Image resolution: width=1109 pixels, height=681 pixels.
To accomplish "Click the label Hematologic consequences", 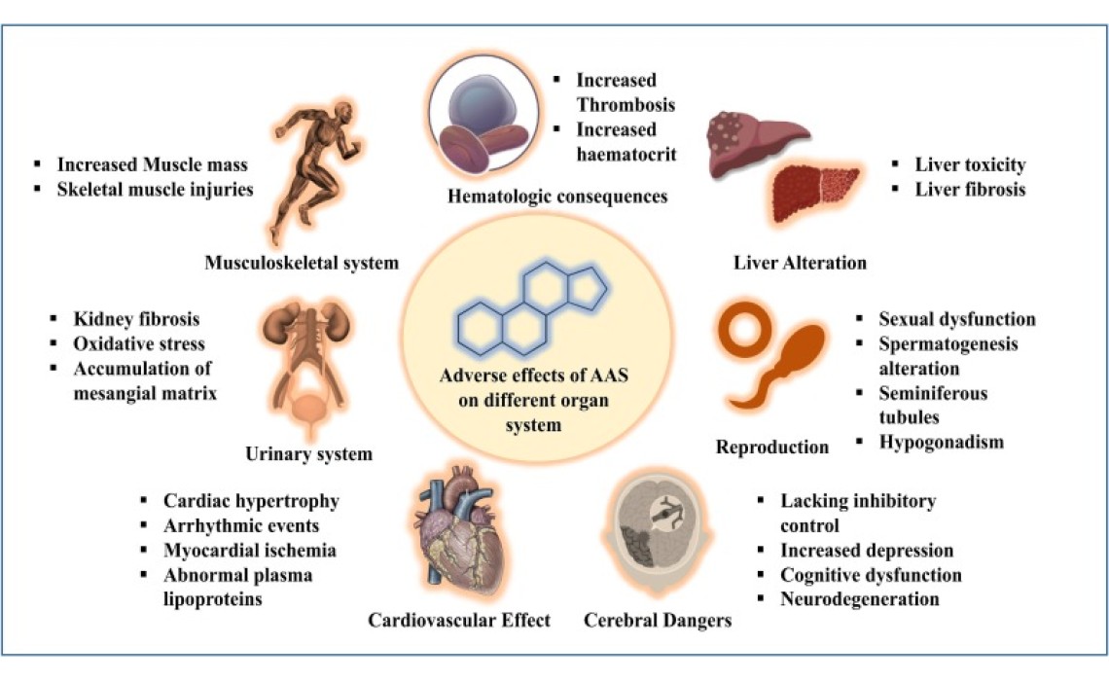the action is coord(557,196).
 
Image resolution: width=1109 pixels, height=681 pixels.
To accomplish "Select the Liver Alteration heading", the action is coord(800,263).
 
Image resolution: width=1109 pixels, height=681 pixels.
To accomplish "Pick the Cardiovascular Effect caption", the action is coord(459,620).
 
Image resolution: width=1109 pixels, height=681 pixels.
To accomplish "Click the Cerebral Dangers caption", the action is coord(658,620).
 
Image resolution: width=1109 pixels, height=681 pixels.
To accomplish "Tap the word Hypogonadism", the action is coord(942,442).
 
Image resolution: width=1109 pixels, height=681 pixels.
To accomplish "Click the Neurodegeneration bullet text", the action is coord(860,599).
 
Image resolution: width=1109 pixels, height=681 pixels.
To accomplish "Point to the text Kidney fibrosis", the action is coord(136,319).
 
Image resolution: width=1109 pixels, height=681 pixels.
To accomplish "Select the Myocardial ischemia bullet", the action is coord(250,551).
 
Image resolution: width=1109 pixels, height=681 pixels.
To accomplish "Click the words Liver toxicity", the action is coord(971,164).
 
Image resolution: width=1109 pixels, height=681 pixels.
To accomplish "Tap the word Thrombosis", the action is coord(626,105).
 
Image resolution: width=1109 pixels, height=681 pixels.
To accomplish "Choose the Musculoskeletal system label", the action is coord(302,263).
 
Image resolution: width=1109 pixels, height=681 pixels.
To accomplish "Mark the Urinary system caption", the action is coord(309,454).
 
